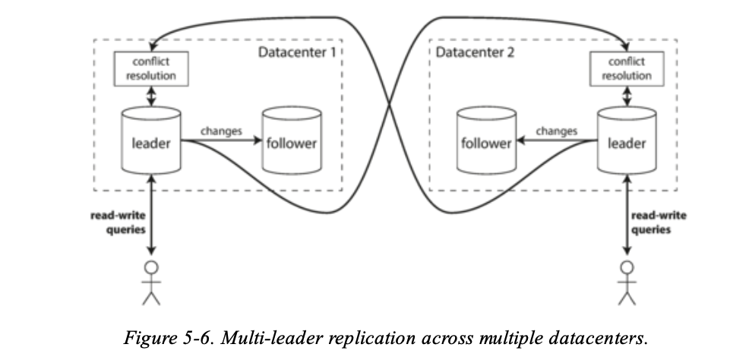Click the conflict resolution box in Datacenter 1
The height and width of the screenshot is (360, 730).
click(150, 69)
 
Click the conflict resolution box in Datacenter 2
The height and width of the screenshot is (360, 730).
click(626, 69)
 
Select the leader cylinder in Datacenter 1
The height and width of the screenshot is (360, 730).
click(150, 142)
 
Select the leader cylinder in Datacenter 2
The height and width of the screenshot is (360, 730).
click(626, 142)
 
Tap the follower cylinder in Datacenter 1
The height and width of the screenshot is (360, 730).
click(289, 142)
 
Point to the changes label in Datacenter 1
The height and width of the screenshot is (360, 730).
click(221, 131)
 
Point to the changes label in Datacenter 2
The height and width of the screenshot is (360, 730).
click(556, 131)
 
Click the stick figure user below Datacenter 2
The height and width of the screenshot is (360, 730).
click(627, 281)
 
